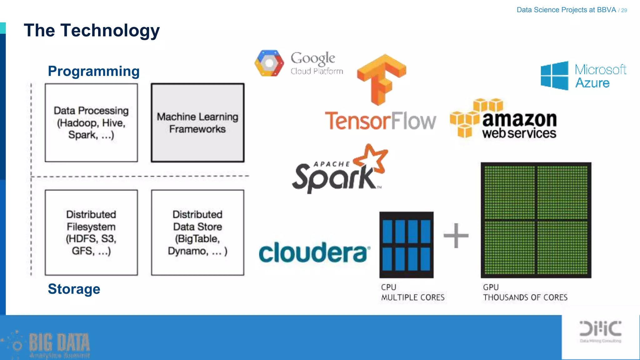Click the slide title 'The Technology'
point(92,31)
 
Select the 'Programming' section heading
point(93,71)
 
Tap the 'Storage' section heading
point(74,289)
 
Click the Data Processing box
point(91,122)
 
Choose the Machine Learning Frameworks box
point(197,122)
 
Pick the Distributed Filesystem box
point(91,232)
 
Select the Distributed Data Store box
point(197,232)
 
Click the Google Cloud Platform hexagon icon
point(269,63)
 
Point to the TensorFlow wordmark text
point(380,121)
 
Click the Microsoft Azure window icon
point(554,76)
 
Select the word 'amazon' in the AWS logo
point(519,119)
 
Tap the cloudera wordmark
point(314,252)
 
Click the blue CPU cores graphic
point(406,245)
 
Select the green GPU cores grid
point(536,220)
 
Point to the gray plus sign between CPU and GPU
point(456,235)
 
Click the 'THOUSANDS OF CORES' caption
point(525,297)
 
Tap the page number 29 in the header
point(624,10)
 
